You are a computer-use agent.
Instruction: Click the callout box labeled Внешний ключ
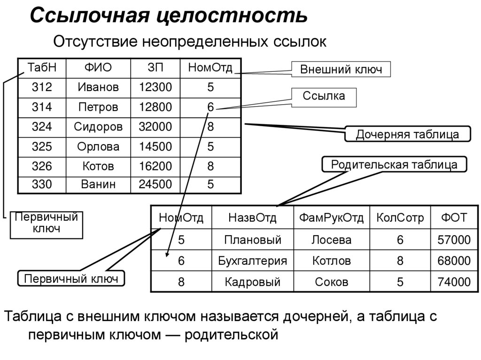(x=341, y=70)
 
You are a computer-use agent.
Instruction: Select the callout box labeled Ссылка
(x=323, y=97)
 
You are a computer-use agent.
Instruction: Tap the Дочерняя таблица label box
(x=407, y=134)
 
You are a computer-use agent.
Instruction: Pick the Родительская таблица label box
(x=394, y=164)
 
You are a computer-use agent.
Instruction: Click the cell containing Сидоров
(x=98, y=126)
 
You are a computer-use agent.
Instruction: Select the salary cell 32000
(x=155, y=126)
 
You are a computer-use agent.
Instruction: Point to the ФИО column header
(x=98, y=68)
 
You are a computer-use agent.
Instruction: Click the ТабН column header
(x=42, y=68)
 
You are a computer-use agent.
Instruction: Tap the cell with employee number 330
(x=42, y=184)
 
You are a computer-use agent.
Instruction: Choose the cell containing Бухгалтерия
(x=252, y=260)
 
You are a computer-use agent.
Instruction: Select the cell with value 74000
(x=453, y=282)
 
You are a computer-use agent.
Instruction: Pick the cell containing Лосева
(x=332, y=240)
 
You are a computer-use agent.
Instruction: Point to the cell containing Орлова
(x=98, y=146)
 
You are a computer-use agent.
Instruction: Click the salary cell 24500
(x=155, y=184)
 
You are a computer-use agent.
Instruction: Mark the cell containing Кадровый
(x=252, y=282)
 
